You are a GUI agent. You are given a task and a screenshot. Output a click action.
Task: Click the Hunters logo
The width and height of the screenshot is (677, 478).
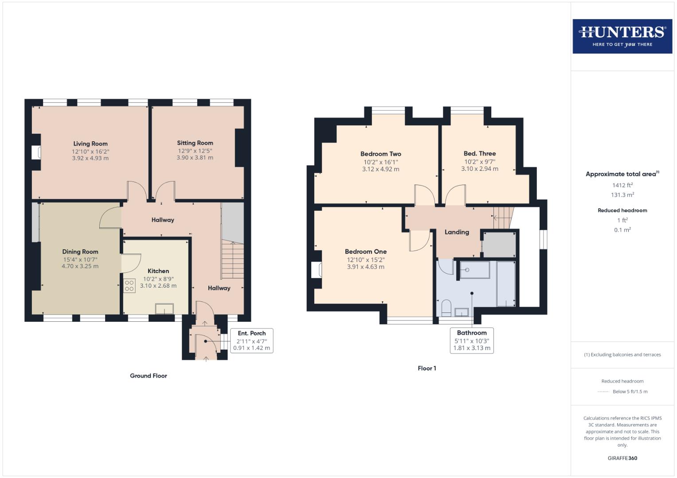point(622,36)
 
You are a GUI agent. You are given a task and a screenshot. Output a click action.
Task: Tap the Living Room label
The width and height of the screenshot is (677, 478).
point(90,143)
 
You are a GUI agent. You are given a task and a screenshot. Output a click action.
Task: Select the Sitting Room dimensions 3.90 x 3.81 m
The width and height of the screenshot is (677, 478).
point(195,158)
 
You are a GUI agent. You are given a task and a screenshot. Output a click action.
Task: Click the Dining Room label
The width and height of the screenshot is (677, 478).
point(80,251)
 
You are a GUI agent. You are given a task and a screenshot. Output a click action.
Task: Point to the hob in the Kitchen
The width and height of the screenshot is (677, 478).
point(129,286)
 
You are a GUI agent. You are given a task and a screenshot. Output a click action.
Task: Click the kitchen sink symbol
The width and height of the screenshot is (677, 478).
point(164,308)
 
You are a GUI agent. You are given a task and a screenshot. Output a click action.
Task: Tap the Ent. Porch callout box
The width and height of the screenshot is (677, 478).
point(251,340)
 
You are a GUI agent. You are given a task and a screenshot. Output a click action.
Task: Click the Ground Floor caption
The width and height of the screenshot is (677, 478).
point(149,376)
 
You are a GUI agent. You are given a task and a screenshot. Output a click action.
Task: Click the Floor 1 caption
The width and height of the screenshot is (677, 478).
point(427,368)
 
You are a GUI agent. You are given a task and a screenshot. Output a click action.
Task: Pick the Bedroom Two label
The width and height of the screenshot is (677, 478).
point(381,154)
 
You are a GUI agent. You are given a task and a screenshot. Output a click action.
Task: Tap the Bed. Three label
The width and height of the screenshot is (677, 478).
point(480,154)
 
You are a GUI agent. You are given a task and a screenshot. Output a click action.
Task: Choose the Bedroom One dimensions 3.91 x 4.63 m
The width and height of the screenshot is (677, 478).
point(366,267)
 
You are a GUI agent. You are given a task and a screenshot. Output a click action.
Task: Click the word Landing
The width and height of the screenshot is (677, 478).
point(457,232)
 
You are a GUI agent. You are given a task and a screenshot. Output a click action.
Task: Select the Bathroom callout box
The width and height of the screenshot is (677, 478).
point(472,340)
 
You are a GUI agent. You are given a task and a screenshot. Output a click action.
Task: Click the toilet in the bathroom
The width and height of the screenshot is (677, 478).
point(446,308)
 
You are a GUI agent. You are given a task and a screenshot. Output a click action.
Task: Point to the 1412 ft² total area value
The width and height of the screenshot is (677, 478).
point(622,185)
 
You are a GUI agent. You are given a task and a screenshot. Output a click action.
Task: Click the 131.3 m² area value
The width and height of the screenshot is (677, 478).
point(622,195)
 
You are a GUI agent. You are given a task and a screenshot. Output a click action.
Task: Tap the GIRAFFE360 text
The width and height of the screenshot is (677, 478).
point(622,458)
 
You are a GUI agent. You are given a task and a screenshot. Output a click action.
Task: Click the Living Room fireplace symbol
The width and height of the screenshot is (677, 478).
point(37,153)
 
